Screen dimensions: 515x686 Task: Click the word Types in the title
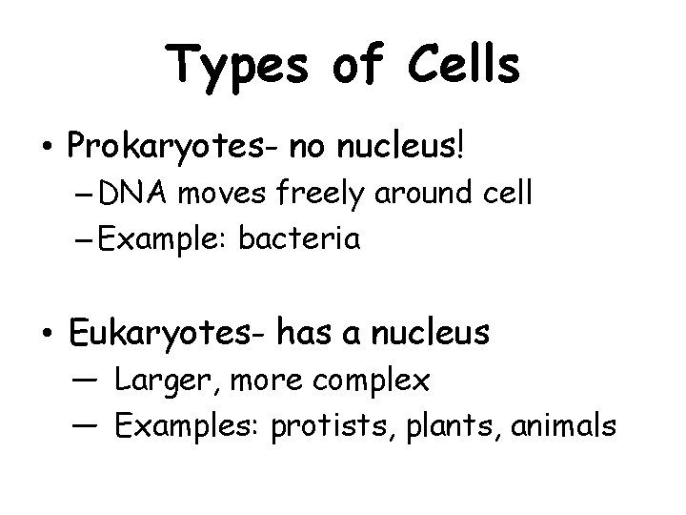[233, 68]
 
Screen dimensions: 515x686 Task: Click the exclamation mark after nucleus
[463, 147]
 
